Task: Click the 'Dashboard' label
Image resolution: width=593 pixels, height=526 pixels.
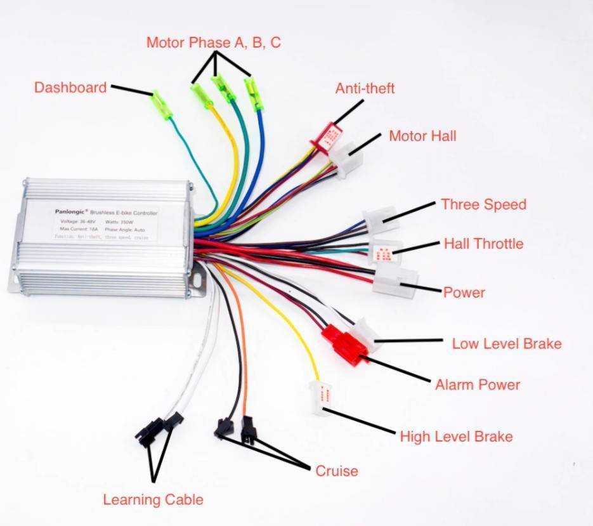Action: coord(70,88)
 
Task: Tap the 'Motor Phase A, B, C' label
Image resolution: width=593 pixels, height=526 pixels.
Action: coord(214,43)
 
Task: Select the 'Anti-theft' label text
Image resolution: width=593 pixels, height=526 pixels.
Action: coord(365,88)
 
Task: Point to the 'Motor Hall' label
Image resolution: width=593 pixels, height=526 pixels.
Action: coord(422,136)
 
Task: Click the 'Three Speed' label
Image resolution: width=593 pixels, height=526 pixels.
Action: coord(484,204)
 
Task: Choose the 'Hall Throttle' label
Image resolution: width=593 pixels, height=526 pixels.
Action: coord(484,244)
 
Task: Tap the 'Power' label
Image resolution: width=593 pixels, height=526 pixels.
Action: coord(464,293)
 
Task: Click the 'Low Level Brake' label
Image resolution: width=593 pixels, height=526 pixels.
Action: coord(507,344)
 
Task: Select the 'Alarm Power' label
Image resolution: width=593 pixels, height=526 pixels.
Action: coord(478,385)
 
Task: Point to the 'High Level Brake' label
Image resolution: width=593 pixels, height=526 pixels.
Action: coord(456,437)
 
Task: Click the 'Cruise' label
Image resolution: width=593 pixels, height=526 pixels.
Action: coord(337,471)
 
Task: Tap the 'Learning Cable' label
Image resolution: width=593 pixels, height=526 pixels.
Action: coord(153,500)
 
